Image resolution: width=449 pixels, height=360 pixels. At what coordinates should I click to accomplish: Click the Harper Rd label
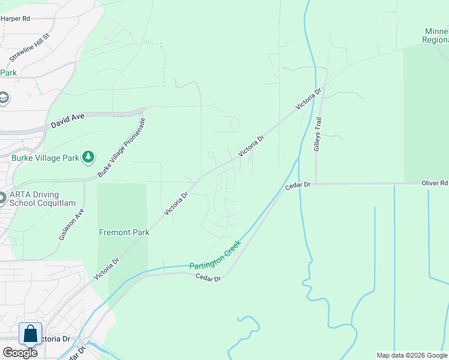click(15, 19)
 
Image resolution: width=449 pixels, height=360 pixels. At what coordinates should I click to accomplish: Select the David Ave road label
click(67, 122)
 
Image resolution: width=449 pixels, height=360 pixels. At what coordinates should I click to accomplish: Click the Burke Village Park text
click(45, 158)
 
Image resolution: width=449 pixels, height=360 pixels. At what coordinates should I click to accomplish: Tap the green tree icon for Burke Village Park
click(89, 157)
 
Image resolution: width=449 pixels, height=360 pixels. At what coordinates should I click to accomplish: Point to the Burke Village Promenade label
click(122, 148)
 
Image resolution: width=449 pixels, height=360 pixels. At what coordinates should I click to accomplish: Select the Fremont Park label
click(124, 232)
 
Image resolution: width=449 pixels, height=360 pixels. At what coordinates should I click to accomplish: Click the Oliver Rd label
click(435, 183)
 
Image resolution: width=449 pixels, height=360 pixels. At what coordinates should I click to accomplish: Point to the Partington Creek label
click(215, 255)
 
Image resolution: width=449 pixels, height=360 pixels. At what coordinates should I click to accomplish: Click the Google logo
click(20, 352)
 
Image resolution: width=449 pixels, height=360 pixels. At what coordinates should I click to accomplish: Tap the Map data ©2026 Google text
click(411, 355)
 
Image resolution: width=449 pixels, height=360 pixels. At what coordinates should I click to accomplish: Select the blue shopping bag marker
click(30, 334)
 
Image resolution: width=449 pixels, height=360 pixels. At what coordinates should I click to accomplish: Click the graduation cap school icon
click(3, 98)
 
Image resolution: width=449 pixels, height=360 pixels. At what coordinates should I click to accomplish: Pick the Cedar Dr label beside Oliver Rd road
click(298, 186)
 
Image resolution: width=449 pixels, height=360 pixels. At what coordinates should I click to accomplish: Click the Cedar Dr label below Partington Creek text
click(209, 277)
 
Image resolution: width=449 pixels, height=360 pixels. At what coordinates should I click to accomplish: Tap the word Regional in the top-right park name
click(435, 40)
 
